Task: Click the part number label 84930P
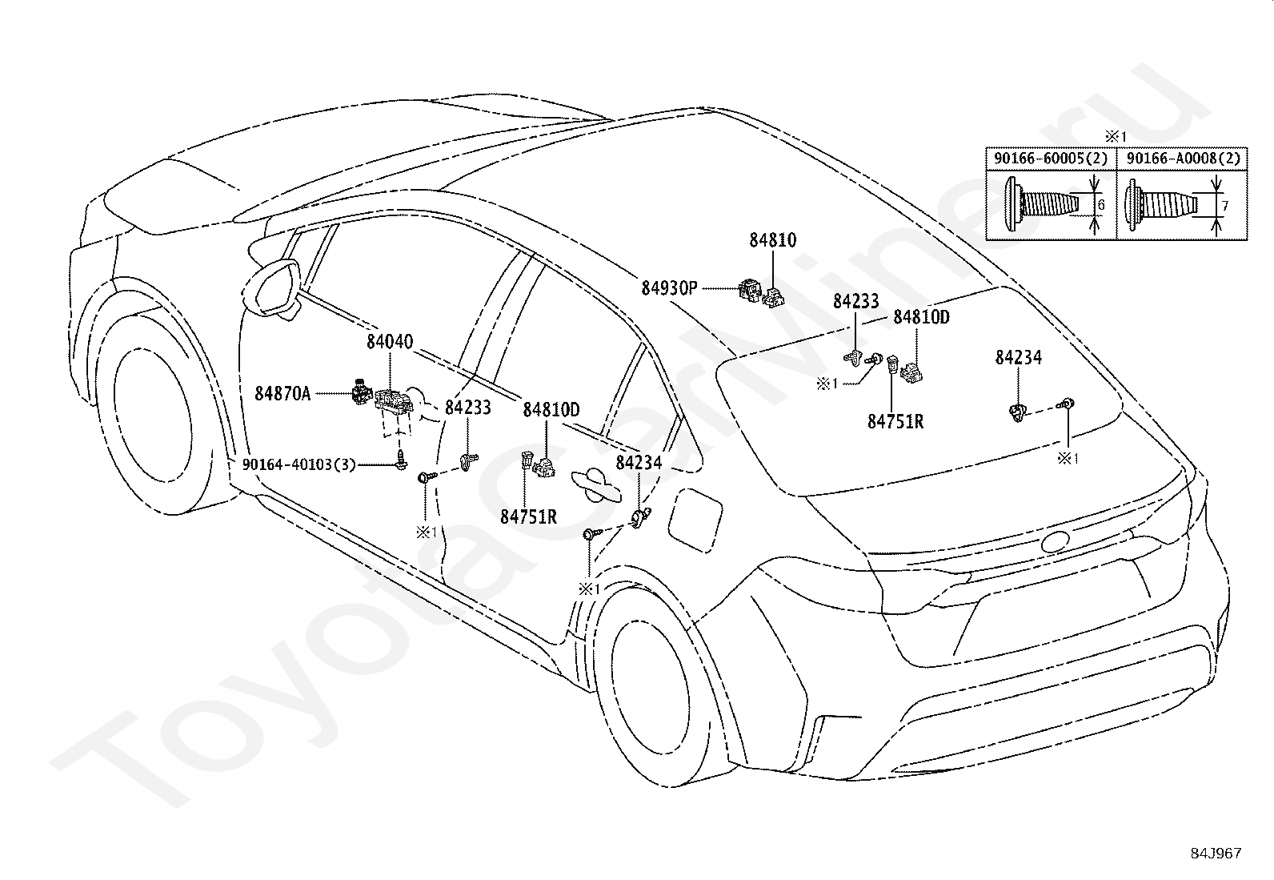tap(669, 288)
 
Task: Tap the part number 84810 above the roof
tap(772, 240)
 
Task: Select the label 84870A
tap(282, 393)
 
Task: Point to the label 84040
tap(390, 342)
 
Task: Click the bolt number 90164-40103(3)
tap(299, 464)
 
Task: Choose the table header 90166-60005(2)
tap(1051, 159)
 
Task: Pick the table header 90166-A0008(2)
tap(1183, 159)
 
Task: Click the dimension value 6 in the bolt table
tap(1101, 204)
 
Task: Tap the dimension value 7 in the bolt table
tap(1225, 206)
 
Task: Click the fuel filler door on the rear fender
tap(695, 519)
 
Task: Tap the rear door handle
tap(596, 485)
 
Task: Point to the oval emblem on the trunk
tap(1055, 541)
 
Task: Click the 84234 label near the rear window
tap(1018, 357)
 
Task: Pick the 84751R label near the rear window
tap(895, 421)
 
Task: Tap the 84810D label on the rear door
tap(551, 410)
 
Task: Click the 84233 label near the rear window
tap(856, 301)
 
